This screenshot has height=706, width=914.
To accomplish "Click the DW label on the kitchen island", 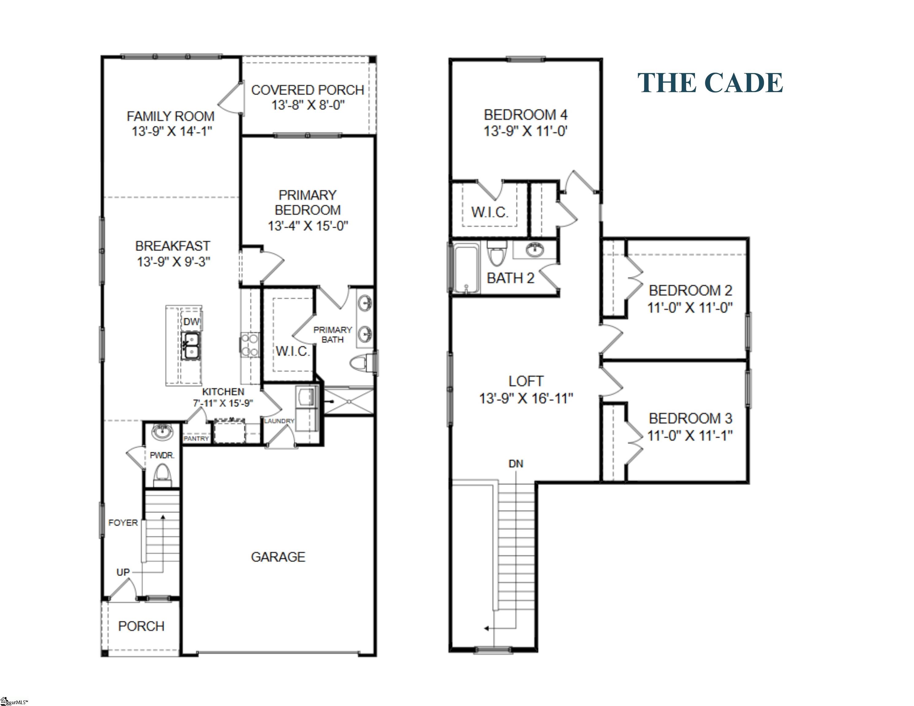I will (x=191, y=322).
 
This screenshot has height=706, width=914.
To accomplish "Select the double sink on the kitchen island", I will (x=190, y=345).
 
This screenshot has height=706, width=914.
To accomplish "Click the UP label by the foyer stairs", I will (x=123, y=572).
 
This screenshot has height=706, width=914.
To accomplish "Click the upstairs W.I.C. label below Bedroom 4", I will (x=490, y=212).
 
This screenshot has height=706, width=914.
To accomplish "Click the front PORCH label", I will (x=141, y=626).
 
